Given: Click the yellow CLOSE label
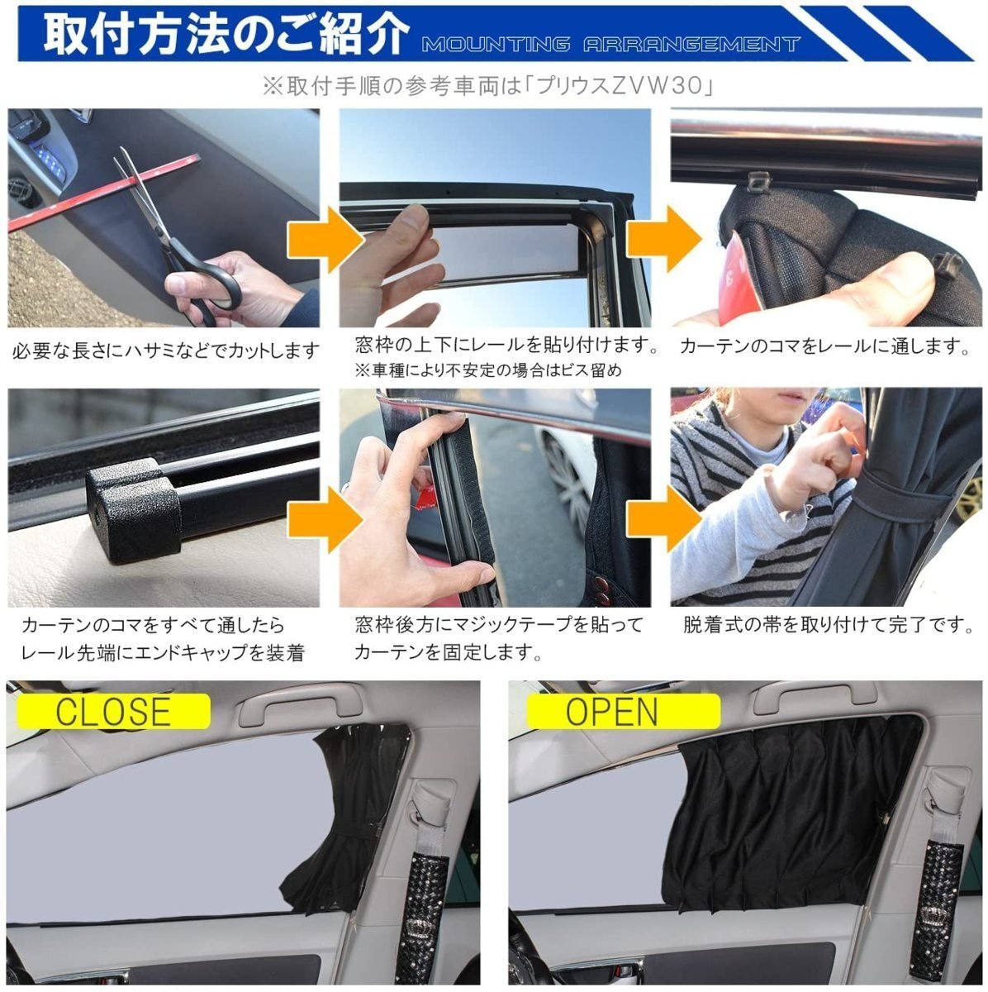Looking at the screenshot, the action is [113, 711].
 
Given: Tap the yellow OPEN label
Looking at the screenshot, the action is [623, 711].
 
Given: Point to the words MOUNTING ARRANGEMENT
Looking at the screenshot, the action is [610, 45].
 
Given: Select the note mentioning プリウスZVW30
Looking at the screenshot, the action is [488, 86].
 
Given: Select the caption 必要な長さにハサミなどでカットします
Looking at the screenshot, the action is [166, 351].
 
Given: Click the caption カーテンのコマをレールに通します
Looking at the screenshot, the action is [824, 346].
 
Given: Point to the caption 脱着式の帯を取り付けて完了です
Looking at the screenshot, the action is [829, 625].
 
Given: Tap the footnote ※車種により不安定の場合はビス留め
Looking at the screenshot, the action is [488, 370].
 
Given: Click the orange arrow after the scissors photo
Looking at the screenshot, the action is [325, 240].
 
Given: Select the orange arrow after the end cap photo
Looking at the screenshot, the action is [325, 519].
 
